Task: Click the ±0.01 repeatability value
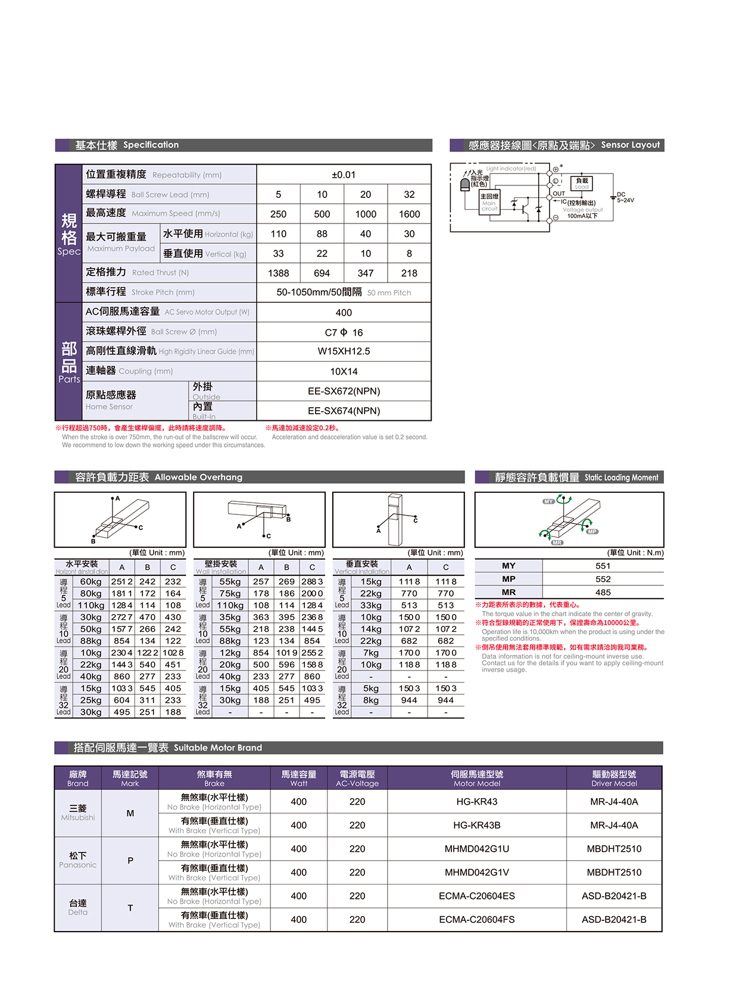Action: (x=344, y=175)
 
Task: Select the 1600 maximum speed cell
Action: (x=409, y=214)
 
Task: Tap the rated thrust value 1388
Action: (x=278, y=273)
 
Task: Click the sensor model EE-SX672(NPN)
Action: (x=344, y=391)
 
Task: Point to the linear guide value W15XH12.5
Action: (x=344, y=351)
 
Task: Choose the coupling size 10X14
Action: (x=344, y=371)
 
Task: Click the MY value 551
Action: (x=603, y=566)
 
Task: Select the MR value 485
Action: (x=603, y=592)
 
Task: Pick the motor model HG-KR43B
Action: (x=476, y=825)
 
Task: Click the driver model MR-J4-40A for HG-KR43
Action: (x=614, y=802)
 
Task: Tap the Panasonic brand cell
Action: (x=77, y=860)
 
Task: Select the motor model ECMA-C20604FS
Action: (x=476, y=919)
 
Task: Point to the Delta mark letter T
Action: (x=130, y=908)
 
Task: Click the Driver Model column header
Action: (x=614, y=778)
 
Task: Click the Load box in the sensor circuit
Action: (x=581, y=183)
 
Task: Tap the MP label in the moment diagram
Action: (x=592, y=531)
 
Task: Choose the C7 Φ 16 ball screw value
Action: (x=344, y=333)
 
